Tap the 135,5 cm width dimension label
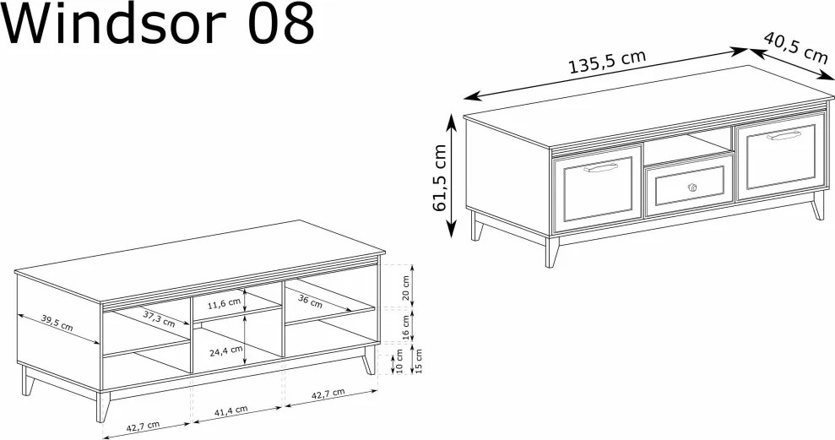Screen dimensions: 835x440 coord(608,62)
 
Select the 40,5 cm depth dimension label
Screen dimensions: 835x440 coord(795,47)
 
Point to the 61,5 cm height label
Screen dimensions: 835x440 coord(440,178)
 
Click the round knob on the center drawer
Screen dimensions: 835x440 coord(691,187)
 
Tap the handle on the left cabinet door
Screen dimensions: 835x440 coord(600,168)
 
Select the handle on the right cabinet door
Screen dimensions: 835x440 coord(784,136)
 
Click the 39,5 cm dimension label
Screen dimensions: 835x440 coord(57,323)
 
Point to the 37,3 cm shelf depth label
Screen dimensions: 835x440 coord(159,318)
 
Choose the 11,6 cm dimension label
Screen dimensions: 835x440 coord(225,304)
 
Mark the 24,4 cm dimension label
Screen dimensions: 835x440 coord(225,351)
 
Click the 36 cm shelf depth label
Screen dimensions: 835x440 coord(310,301)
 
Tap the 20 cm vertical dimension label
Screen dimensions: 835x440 coord(406,289)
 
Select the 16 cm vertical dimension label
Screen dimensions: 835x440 coord(406,327)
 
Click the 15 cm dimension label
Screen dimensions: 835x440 coord(418,361)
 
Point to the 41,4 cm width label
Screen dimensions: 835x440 coord(231,410)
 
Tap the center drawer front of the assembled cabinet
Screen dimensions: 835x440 coord(689,186)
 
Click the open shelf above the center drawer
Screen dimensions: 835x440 coord(687,148)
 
